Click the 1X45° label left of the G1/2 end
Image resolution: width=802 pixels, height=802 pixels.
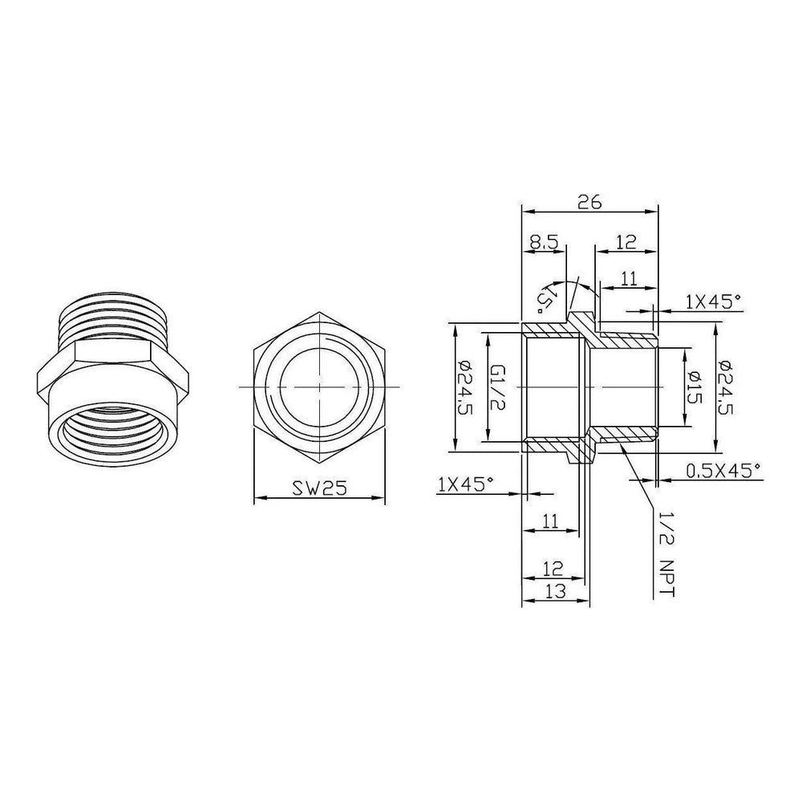[466, 484]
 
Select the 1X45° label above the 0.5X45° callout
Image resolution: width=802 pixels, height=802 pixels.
[714, 301]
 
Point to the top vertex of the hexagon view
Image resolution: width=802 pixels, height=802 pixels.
[319, 313]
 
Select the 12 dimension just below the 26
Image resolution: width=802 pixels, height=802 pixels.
[626, 241]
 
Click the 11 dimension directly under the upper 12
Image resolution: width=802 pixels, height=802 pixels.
[629, 278]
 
